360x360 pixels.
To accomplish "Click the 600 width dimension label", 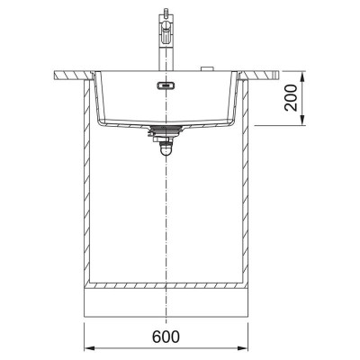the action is (166, 337).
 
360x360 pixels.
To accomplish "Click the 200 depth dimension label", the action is (291, 98).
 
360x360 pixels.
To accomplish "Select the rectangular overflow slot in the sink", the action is (166, 85).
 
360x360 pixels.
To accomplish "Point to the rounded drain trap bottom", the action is (166, 150).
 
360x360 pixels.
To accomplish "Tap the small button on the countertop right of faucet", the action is (206, 69).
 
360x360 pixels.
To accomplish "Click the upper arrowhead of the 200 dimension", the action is (302, 76).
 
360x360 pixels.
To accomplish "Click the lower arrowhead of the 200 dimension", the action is (302, 121).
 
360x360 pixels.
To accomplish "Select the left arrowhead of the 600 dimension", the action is (89, 348).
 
